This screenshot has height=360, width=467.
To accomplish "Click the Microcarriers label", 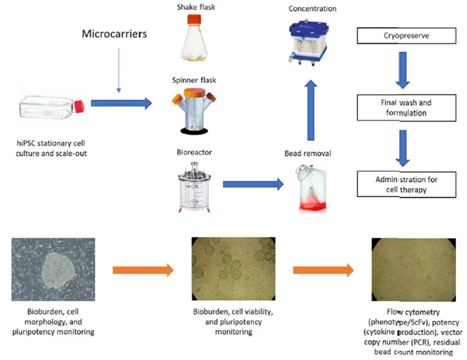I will click(114, 34).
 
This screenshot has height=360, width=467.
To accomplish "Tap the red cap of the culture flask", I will click(79, 106).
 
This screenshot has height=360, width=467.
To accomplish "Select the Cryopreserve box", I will click(406, 36).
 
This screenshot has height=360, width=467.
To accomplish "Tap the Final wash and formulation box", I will click(406, 108).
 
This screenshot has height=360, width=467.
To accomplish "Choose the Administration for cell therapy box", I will click(406, 184).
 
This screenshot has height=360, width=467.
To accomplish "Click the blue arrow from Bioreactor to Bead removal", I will click(253, 184).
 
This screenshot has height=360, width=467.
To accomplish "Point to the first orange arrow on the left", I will click(142, 269).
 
